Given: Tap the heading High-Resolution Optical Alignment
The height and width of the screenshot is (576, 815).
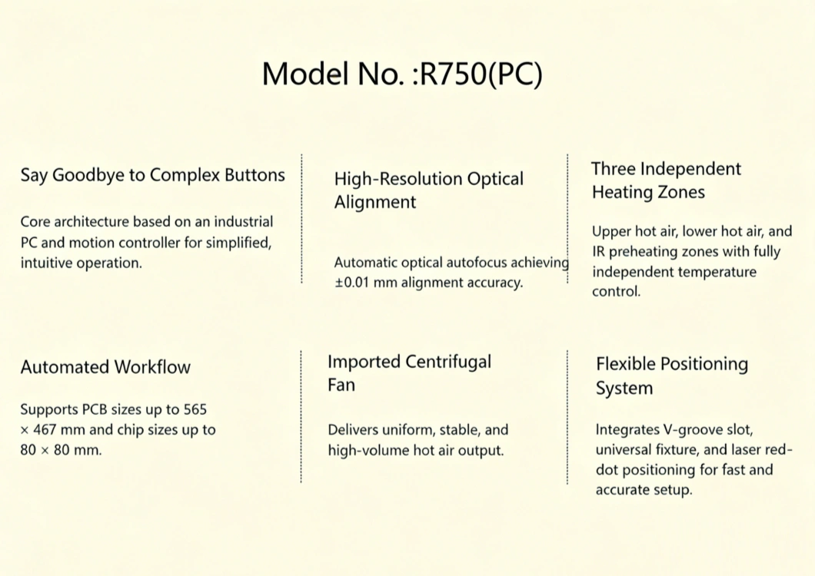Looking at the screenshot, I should [428, 190].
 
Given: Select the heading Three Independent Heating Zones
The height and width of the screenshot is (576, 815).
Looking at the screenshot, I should [666, 180].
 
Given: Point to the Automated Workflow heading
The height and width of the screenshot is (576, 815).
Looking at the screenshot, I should [105, 367].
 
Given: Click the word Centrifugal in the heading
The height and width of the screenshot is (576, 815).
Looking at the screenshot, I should [447, 362].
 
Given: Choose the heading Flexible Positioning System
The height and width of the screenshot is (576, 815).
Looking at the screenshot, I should [671, 375].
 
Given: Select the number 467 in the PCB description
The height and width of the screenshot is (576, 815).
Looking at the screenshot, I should [47, 429].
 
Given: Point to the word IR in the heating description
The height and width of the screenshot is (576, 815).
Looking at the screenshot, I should [599, 252].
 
